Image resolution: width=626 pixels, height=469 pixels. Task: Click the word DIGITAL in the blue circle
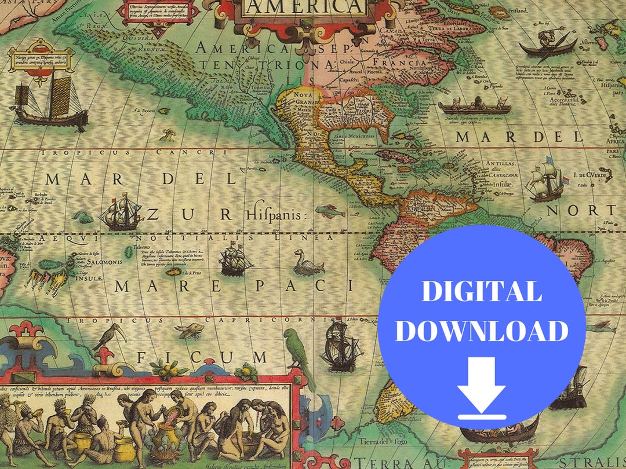pos(481,291)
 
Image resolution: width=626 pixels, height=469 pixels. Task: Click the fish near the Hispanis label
pos(328,211)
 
